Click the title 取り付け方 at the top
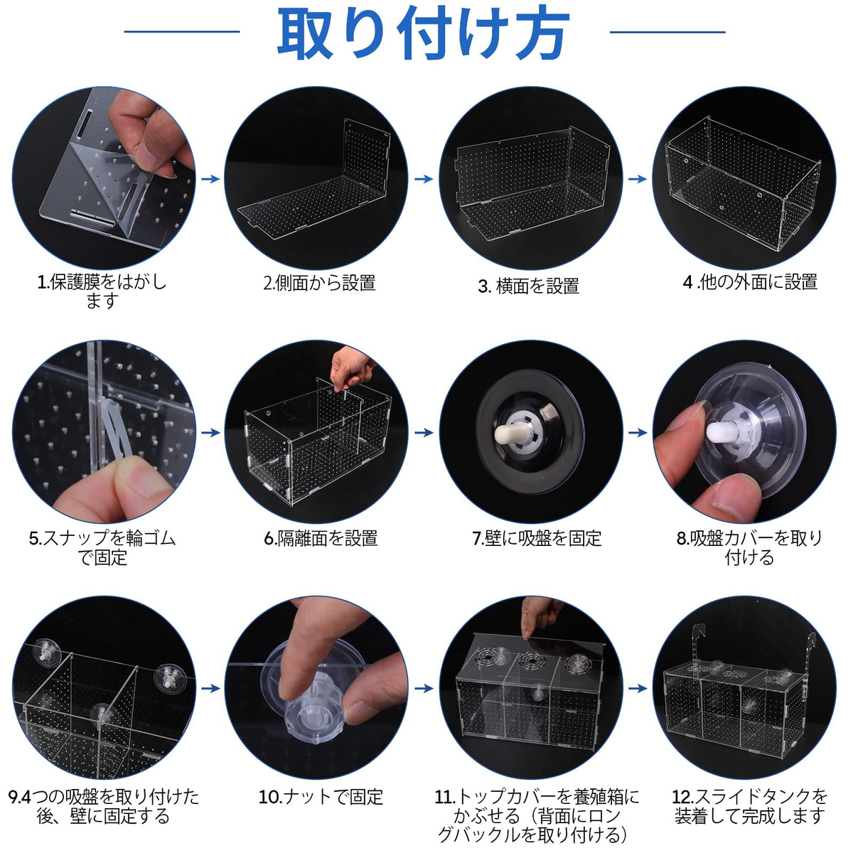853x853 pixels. point(424,33)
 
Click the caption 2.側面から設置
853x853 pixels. point(319,282)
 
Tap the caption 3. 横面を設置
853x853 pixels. point(529,286)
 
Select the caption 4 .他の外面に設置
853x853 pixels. point(750,281)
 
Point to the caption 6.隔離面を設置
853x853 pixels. point(321,539)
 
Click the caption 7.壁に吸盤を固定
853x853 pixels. point(537,539)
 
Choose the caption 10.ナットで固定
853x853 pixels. point(321,797)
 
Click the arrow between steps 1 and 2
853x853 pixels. point(210,179)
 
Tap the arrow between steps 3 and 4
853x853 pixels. point(638,179)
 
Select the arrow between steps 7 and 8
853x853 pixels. point(638,432)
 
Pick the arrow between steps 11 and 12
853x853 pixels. point(638,688)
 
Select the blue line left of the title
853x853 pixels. point(182,31)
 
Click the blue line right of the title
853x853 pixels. point(667,32)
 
